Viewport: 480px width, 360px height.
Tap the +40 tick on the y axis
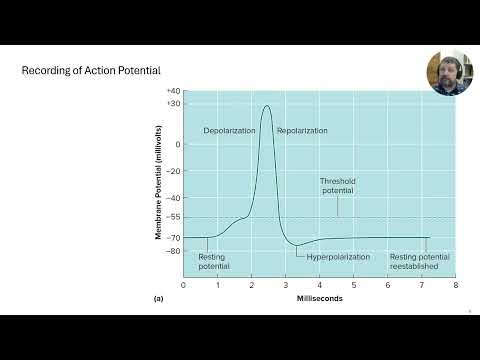pyautogui.click(x=173, y=92)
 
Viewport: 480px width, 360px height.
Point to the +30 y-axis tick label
pyautogui.click(x=173, y=104)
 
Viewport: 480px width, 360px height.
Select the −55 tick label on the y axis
pyautogui.click(x=174, y=216)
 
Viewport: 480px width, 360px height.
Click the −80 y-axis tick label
pyautogui.click(x=174, y=250)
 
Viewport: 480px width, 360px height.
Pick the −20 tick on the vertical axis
pyautogui.click(x=174, y=170)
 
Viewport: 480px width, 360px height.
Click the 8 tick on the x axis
pyautogui.click(x=455, y=285)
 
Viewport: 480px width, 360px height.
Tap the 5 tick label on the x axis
pyautogui.click(x=353, y=285)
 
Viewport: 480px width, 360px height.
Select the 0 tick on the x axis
pyautogui.click(x=183, y=285)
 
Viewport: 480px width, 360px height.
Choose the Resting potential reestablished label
pyautogui.click(x=419, y=261)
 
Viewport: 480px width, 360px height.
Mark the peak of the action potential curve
pyautogui.click(x=266, y=106)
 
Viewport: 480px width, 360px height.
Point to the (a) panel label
pyautogui.click(x=158, y=298)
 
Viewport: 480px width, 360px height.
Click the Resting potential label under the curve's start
pyautogui.click(x=214, y=261)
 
